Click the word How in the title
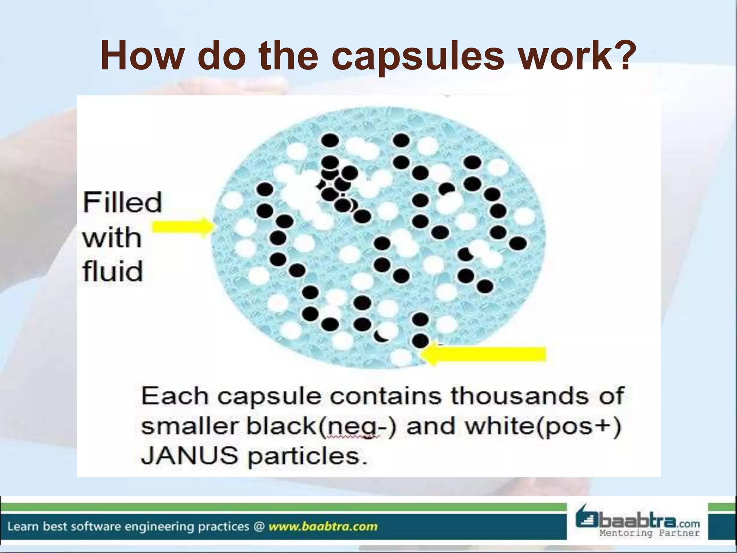click(x=141, y=56)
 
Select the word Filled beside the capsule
click(x=122, y=203)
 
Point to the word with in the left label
click(x=112, y=238)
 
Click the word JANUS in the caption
click(x=189, y=456)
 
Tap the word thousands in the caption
click(x=519, y=396)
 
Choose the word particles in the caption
click(x=308, y=457)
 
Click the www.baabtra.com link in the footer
click(x=323, y=527)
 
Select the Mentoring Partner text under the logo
click(x=649, y=533)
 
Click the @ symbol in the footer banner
click(x=259, y=527)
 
